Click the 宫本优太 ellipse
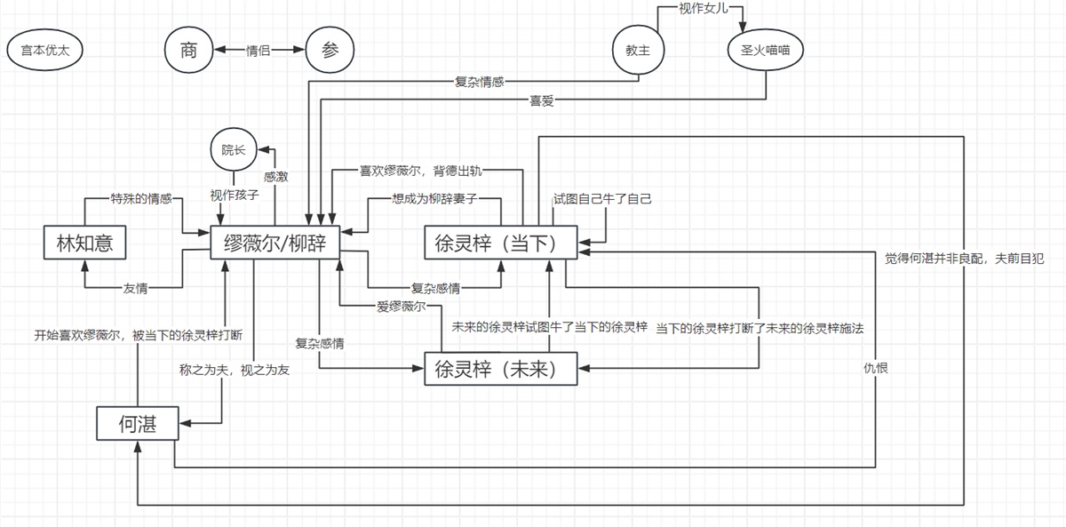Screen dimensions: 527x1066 pyautogui.click(x=44, y=51)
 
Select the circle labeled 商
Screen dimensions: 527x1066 pyautogui.click(x=187, y=51)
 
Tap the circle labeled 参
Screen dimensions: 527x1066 pyautogui.click(x=329, y=51)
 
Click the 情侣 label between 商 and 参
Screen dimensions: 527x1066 pyautogui.click(x=258, y=51)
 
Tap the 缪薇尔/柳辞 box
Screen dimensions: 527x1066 pyautogui.click(x=274, y=242)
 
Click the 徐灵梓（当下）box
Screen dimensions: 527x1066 pyautogui.click(x=501, y=242)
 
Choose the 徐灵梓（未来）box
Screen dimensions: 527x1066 pyautogui.click(x=501, y=368)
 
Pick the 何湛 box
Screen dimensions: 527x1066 pyautogui.click(x=137, y=424)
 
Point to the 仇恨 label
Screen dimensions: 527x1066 pyautogui.click(x=876, y=366)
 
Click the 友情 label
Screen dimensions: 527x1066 pyautogui.click(x=135, y=287)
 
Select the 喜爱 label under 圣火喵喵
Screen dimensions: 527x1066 pyautogui.click(x=541, y=100)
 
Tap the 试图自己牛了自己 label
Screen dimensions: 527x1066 pyautogui.click(x=602, y=198)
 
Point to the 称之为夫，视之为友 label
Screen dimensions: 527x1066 pyautogui.click(x=234, y=370)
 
